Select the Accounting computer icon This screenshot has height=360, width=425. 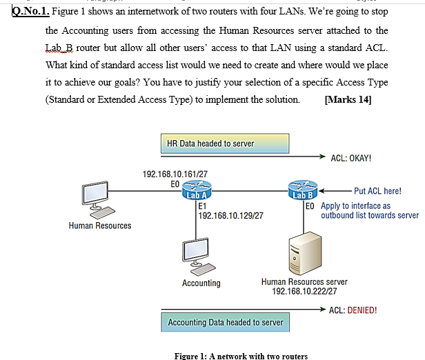(x=200, y=255)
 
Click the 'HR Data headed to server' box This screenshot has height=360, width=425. (x=210, y=143)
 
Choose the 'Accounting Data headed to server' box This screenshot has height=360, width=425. (x=226, y=322)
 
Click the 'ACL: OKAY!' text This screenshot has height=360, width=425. (x=351, y=158)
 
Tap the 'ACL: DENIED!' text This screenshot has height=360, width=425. (x=353, y=310)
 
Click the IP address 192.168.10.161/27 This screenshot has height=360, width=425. (x=175, y=174)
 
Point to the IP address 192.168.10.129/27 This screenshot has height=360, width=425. (x=230, y=216)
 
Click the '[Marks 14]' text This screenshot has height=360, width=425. (x=347, y=99)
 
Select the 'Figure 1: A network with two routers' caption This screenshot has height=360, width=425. (x=242, y=356)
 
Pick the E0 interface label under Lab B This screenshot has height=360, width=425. (x=309, y=206)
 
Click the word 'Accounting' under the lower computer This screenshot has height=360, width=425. (x=201, y=283)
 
